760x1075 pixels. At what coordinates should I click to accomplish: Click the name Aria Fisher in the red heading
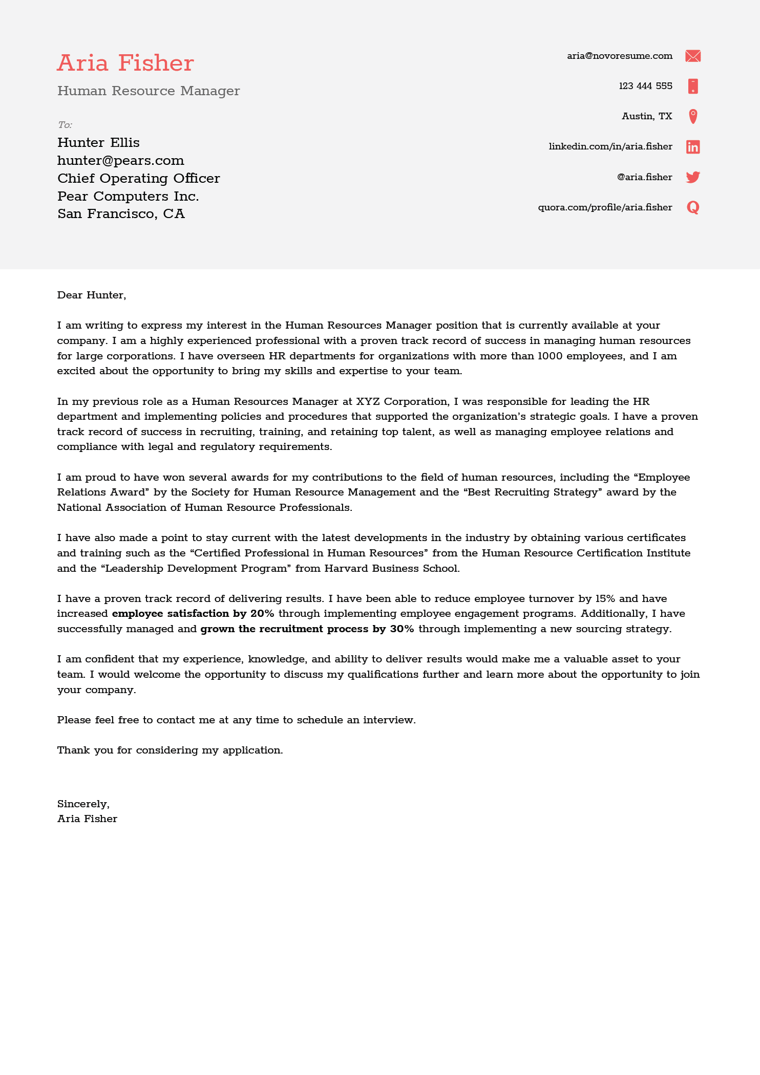[125, 63]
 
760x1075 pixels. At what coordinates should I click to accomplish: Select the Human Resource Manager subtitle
[149, 91]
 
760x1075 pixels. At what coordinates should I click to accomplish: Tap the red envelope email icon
[692, 56]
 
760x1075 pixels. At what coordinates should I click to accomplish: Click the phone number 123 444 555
[645, 86]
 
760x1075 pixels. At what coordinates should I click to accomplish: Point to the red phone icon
[692, 86]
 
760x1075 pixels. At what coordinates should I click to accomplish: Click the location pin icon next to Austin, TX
[692, 116]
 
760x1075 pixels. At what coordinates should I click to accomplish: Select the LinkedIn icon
[692, 147]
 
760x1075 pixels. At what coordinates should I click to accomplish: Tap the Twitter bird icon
[692, 177]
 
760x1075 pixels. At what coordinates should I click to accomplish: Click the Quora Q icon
[692, 207]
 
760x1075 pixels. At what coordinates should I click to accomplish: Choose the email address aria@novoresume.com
[619, 56]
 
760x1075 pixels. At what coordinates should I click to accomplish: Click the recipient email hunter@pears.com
[121, 160]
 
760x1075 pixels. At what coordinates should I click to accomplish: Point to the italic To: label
[65, 125]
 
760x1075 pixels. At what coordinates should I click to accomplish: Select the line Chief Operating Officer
[139, 178]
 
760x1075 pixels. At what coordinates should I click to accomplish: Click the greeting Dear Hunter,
[91, 295]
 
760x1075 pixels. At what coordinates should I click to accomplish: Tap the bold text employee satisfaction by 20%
[193, 613]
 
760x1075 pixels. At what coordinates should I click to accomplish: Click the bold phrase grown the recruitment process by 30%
[307, 629]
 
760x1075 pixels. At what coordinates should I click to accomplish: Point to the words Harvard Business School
[392, 568]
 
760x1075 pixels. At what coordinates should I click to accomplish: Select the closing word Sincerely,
[83, 804]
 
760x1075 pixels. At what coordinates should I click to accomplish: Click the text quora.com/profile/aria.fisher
[605, 207]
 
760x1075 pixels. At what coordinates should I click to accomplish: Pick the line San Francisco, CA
[121, 214]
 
